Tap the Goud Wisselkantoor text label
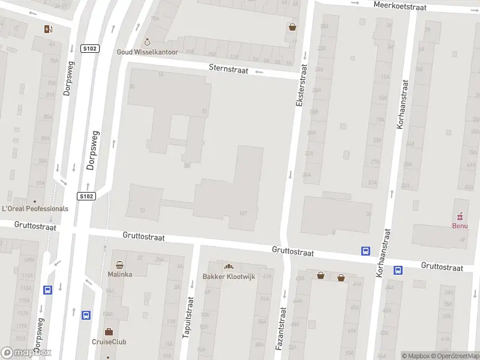pos(146,52)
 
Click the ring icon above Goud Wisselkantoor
pos(147,42)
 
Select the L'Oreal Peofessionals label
pos(35,209)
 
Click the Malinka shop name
pos(120,274)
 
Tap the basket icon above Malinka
pos(120,265)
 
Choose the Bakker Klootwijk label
pos(228,276)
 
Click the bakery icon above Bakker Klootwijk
pos(228,266)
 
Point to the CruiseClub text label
pos(109,342)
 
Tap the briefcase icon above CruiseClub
pos(109,332)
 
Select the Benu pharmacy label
pos(460,226)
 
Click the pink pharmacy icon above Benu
pos(460,216)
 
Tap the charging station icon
pos(48,29)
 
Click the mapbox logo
pos(26,353)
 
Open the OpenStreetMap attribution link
pos(455,356)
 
